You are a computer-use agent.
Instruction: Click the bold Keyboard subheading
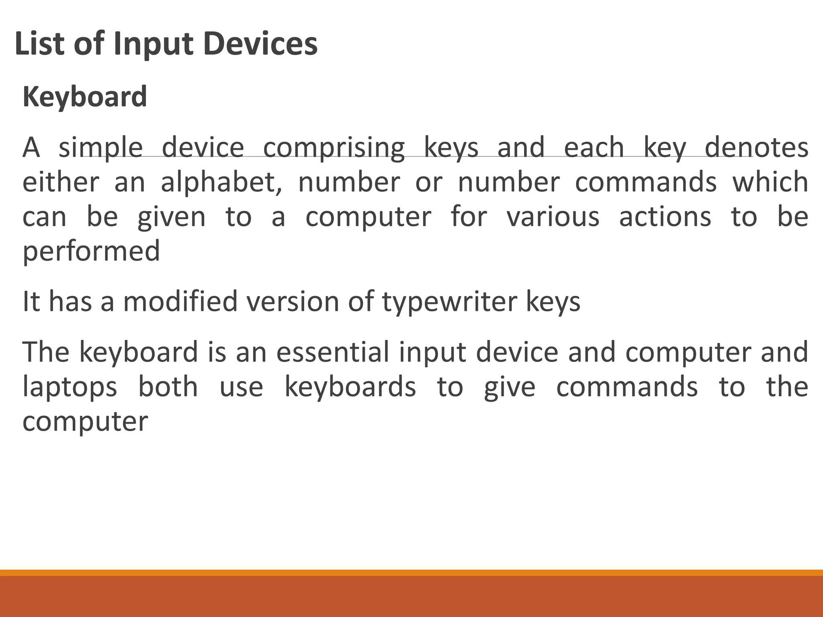click(85, 97)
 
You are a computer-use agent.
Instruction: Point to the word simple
click(100, 148)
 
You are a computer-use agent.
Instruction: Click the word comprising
click(334, 148)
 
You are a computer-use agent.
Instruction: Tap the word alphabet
click(221, 182)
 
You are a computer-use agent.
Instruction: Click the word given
click(172, 217)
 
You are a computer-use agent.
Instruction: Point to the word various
click(553, 217)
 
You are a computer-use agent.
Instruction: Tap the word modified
click(180, 301)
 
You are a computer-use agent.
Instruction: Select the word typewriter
click(449, 302)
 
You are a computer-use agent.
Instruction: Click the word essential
click(333, 352)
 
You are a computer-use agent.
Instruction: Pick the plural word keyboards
click(350, 387)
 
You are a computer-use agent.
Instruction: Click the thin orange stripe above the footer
click(411, 572)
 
